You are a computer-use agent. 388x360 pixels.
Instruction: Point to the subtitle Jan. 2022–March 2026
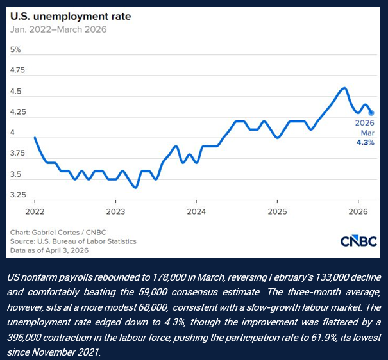pos(58,29)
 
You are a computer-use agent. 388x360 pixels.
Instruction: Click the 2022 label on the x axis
pos(34,211)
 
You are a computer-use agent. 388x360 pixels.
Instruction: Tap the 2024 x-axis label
pos(196,211)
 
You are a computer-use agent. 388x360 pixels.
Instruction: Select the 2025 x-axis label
pos(277,211)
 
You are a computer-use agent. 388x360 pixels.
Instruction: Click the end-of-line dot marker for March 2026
pos(371,113)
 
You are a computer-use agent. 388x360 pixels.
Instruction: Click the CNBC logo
pos(358,242)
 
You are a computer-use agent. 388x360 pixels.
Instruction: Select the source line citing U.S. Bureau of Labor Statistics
pos(74,241)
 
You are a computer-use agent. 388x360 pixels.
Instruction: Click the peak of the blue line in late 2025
pos(345,88)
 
